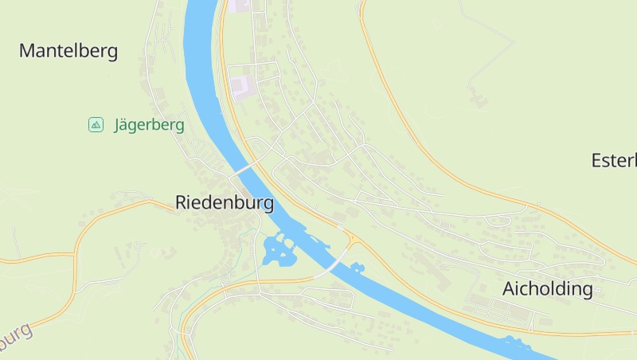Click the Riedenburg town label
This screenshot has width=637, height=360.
pyautogui.click(x=225, y=202)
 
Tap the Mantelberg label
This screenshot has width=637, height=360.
pyautogui.click(x=68, y=52)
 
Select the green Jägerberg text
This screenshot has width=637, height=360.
pyautogui.click(x=149, y=125)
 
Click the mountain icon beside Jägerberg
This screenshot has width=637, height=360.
pyautogui.click(x=96, y=124)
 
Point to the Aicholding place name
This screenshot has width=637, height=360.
pyautogui.click(x=548, y=288)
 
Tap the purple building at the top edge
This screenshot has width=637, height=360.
pyautogui.click(x=241, y=5)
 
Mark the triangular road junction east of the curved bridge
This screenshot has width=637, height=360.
pyautogui.click(x=350, y=239)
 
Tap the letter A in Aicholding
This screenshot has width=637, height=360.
pyautogui.click(x=510, y=288)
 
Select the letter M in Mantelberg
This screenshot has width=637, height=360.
pyautogui.click(x=27, y=52)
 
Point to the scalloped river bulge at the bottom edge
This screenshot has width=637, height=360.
pyautogui.click(x=518, y=344)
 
